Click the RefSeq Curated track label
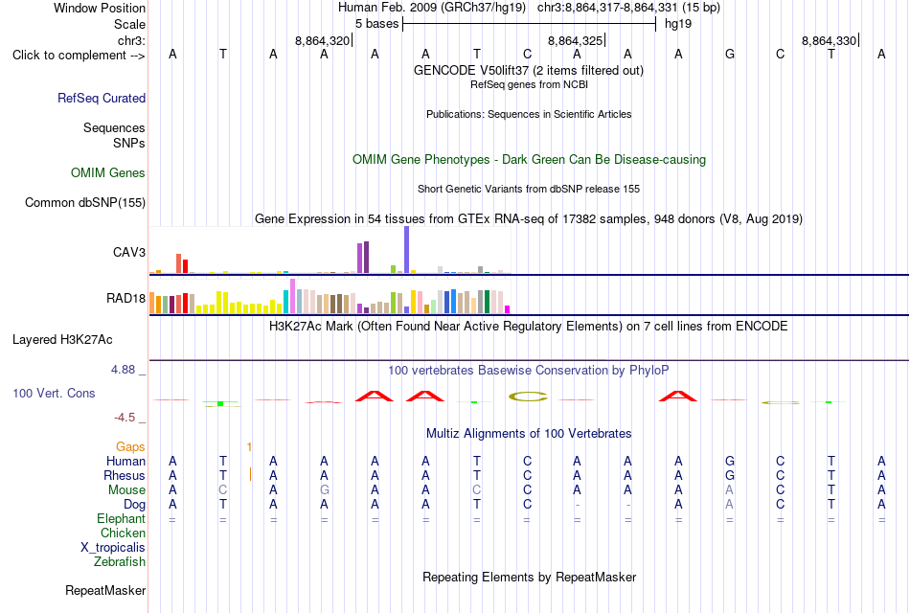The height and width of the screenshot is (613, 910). pyautogui.click(x=101, y=98)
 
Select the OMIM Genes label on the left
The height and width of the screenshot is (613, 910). pyautogui.click(x=108, y=173)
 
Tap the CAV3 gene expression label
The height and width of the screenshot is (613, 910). pyautogui.click(x=129, y=252)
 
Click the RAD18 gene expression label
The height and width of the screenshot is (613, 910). pyautogui.click(x=125, y=299)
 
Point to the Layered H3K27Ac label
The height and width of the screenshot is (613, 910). pyautogui.click(x=62, y=340)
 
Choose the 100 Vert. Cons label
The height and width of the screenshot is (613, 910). pyautogui.click(x=54, y=394)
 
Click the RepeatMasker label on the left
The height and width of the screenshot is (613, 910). pyautogui.click(x=105, y=590)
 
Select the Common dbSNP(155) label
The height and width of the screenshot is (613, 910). pyautogui.click(x=85, y=203)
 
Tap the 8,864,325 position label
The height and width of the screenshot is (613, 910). pyautogui.click(x=575, y=40)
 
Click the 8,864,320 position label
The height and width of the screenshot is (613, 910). pyautogui.click(x=322, y=40)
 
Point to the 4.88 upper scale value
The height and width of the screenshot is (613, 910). pyautogui.click(x=123, y=370)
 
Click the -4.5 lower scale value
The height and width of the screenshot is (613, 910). pyautogui.click(x=125, y=418)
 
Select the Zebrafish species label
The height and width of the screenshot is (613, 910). pyautogui.click(x=120, y=562)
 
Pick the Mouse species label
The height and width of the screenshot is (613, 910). pyautogui.click(x=126, y=490)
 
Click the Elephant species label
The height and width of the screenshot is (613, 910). pyautogui.click(x=121, y=518)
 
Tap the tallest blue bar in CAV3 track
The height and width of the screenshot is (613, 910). pyautogui.click(x=407, y=250)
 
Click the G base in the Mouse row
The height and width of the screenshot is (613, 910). pyautogui.click(x=324, y=490)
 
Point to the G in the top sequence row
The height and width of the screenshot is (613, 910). pyautogui.click(x=730, y=54)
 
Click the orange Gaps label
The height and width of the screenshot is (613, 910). pyautogui.click(x=130, y=446)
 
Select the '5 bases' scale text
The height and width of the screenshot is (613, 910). pyautogui.click(x=376, y=24)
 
